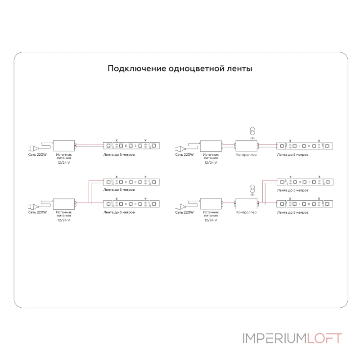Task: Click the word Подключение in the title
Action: click(137, 69)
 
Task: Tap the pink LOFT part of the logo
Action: click(324, 338)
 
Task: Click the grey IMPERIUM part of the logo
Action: click(274, 338)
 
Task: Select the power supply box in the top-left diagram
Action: click(64, 146)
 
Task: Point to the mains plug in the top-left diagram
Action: click(33, 148)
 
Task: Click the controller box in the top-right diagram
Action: click(246, 146)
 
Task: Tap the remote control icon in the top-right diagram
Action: click(252, 131)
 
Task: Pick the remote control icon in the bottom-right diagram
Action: click(252, 189)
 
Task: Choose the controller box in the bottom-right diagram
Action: click(246, 204)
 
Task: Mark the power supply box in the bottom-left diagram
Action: click(64, 204)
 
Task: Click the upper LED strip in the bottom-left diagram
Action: click(131, 182)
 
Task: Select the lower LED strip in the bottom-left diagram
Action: click(131, 204)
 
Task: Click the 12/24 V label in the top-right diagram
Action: click(211, 162)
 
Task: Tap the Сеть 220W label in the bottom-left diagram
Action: click(37, 212)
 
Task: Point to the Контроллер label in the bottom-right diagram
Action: click(246, 212)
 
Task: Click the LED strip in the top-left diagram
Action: click(131, 145)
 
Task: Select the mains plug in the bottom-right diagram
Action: click(180, 207)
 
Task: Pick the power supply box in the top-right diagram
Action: click(211, 146)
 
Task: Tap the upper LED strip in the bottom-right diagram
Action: click(305, 182)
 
